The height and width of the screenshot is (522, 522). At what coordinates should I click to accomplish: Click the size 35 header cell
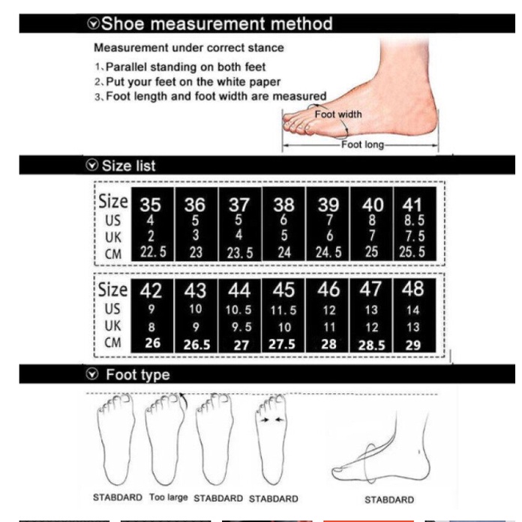150,205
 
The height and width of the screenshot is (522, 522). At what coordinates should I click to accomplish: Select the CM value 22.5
153,252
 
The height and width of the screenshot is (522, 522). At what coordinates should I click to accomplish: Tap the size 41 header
412,205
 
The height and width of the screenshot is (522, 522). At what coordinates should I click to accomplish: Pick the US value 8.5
414,220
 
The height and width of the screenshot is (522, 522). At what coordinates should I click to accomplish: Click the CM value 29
412,345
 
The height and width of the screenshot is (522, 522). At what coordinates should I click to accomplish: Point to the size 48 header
412,289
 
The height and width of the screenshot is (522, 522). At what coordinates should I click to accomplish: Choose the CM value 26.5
196,345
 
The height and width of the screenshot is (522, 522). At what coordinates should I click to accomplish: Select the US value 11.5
283,310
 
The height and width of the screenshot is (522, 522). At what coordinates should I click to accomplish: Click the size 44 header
239,290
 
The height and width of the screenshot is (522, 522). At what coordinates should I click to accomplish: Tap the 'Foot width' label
338,114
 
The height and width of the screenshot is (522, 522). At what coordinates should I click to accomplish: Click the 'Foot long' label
362,145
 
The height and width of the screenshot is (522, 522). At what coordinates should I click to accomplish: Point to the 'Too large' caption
169,497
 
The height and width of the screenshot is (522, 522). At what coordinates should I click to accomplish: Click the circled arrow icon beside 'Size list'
92,165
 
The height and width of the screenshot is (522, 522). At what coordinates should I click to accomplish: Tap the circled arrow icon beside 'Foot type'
92,373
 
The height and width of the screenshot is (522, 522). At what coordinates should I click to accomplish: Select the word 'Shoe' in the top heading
122,24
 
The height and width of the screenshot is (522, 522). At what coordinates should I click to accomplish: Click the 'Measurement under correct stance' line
189,47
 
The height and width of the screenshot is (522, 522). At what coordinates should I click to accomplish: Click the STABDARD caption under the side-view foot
389,499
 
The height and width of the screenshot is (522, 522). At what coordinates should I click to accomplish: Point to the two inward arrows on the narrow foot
272,420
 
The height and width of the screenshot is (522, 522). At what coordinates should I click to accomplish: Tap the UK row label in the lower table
112,326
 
